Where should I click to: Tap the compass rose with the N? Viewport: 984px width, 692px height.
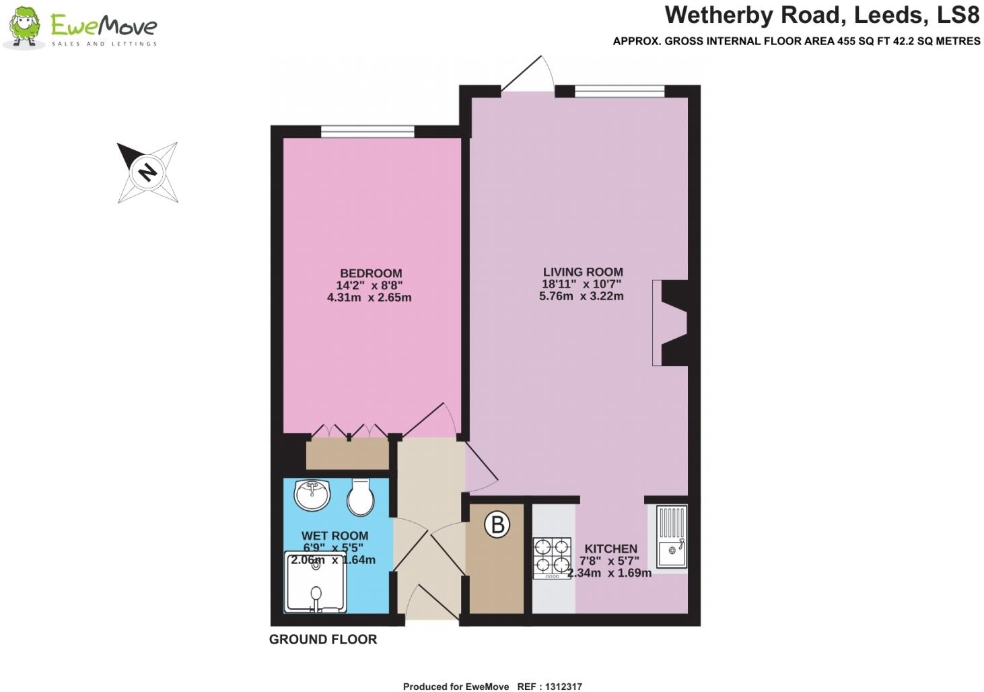[147, 172]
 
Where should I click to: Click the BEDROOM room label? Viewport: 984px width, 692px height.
[371, 273]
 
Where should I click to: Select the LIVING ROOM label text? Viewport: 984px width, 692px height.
[583, 272]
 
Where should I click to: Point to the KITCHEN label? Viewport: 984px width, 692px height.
[610, 549]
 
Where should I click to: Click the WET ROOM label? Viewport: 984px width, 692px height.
[335, 536]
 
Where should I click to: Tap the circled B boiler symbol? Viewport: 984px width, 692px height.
[497, 524]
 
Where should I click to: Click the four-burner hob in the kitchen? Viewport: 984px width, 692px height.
[552, 558]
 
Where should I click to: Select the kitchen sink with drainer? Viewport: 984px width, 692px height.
[671, 537]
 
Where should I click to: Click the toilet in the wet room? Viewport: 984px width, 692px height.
[361, 497]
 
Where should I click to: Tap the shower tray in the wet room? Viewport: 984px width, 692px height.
[315, 583]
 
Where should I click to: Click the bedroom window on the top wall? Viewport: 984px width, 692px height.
[367, 131]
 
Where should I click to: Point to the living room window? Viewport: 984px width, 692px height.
[619, 91]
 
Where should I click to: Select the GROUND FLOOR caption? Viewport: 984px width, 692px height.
[323, 639]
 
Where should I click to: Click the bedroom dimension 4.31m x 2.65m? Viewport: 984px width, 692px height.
[369, 298]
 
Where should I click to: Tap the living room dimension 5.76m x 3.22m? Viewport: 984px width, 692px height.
[581, 296]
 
